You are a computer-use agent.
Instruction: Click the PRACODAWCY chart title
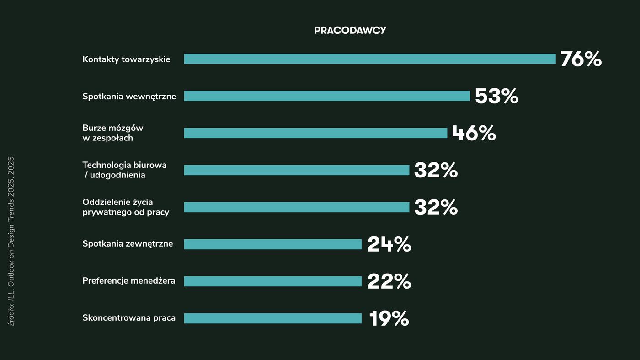click(350, 31)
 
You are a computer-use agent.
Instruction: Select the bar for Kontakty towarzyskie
click(369, 59)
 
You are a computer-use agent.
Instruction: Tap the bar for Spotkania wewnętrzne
click(327, 96)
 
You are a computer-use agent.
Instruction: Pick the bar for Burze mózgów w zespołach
click(315, 133)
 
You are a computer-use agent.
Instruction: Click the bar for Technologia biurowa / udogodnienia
click(296, 170)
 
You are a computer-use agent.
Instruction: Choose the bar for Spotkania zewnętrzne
click(272, 244)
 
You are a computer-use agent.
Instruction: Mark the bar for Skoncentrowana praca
click(272, 318)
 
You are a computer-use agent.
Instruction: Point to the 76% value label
click(581, 59)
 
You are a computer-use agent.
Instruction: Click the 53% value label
click(496, 97)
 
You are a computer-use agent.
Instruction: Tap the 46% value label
click(474, 133)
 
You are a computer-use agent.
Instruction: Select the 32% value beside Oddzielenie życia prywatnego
click(436, 207)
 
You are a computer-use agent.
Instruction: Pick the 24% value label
click(389, 244)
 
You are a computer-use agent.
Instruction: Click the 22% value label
click(389, 282)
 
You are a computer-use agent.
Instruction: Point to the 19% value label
click(389, 319)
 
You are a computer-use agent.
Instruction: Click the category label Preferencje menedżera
click(128, 281)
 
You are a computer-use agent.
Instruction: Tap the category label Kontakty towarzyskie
click(126, 59)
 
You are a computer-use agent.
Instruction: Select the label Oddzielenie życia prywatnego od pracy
click(126, 207)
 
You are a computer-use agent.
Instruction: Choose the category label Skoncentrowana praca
click(129, 318)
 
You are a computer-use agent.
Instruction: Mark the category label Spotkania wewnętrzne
click(129, 97)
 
